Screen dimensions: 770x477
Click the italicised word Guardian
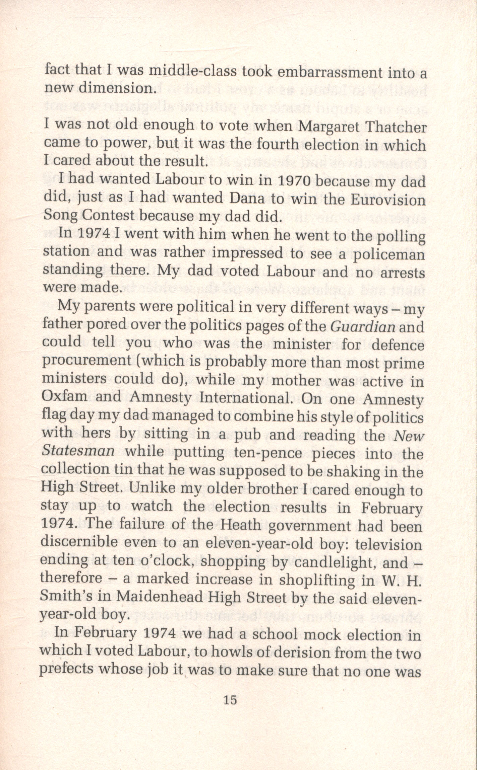click(361, 327)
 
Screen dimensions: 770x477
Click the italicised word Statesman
click(78, 452)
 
